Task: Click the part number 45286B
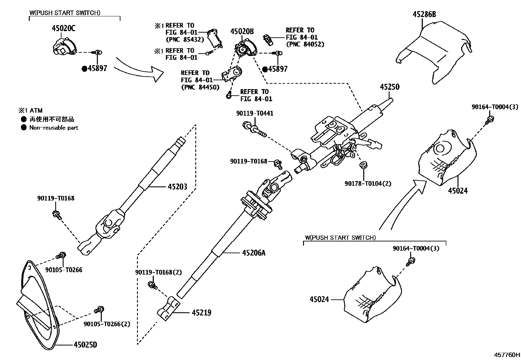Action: [424, 14]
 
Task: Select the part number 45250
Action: [389, 87]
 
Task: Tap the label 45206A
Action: [254, 253]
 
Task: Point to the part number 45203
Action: [177, 187]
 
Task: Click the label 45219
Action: [201, 313]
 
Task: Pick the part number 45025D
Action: [85, 345]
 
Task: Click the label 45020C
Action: [63, 28]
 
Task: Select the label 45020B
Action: [242, 31]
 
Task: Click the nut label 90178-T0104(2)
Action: [368, 184]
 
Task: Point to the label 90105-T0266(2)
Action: [107, 324]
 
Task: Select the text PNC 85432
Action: [185, 40]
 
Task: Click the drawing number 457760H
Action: [507, 355]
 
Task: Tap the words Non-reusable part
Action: [54, 128]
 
